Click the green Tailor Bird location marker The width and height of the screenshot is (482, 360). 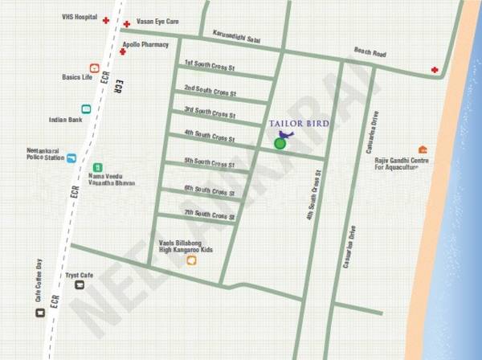tap(280, 143)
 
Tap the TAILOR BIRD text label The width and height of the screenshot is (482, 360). tap(300, 123)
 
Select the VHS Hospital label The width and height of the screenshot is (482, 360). tap(80, 16)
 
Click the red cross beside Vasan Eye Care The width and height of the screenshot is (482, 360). tap(127, 25)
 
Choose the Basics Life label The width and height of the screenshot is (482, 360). tap(79, 77)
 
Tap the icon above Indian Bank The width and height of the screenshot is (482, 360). tap(86, 108)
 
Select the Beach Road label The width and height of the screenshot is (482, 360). tap(370, 53)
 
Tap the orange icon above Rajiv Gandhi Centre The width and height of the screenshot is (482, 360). tap(423, 149)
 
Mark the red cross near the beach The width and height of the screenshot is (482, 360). tap(435, 70)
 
